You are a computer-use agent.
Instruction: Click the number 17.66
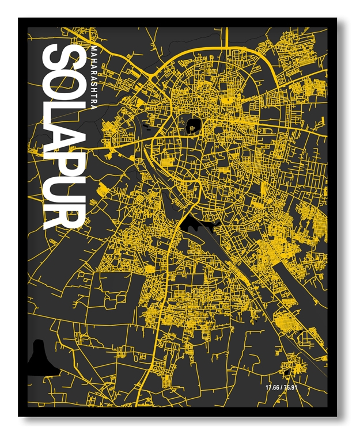pos(272,387)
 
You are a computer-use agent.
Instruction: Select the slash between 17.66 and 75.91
pos(282,387)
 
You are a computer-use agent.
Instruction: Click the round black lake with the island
pos(193,124)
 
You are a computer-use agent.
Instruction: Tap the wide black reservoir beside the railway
pos(196,223)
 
